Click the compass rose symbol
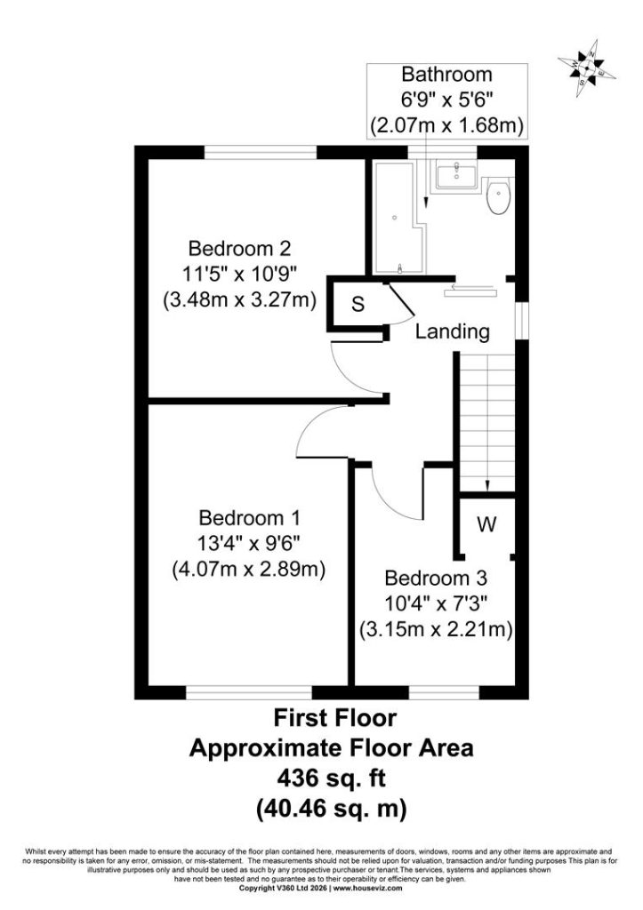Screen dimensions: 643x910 coord(587,68)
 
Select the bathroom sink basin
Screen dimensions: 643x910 coord(456,174)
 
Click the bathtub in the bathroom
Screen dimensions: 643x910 coord(398,219)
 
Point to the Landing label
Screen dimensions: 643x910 coord(453,332)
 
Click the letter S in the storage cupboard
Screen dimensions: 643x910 coord(358,304)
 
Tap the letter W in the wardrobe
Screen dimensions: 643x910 coord(486,524)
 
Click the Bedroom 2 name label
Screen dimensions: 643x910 coord(239,249)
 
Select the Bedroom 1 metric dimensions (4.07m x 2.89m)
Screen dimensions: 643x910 coord(248,570)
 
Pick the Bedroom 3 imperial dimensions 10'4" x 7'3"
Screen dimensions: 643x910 coord(436,603)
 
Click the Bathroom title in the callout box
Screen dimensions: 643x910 coord(447,75)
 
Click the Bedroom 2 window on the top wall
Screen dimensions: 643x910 coord(261,152)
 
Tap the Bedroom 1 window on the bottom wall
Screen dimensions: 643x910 coord(249,692)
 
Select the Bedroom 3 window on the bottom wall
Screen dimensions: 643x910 coord(445,692)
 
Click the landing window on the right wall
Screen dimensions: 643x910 coord(522,320)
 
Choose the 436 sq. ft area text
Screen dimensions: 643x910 coord(332,778)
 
